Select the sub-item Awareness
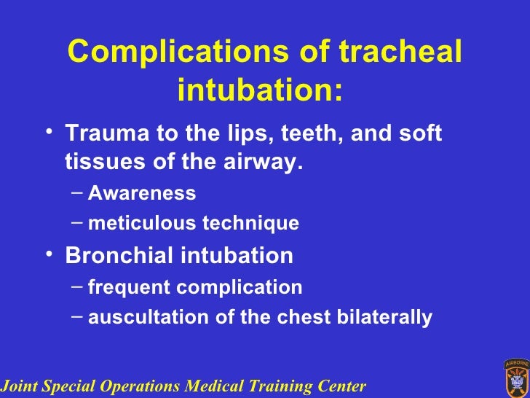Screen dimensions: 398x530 tap(142, 193)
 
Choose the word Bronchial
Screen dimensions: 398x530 tap(116, 256)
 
